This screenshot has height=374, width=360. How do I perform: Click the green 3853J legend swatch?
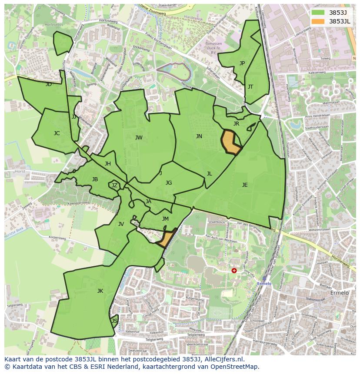tap(318, 13)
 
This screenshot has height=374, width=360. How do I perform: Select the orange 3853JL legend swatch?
tap(318, 21)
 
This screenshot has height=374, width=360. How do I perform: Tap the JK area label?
tap(100, 291)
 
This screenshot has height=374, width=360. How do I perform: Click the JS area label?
tap(114, 321)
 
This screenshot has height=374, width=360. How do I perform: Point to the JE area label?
tap(245, 185)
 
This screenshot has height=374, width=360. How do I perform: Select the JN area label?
tap(199, 136)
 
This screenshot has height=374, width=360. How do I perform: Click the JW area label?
tap(139, 138)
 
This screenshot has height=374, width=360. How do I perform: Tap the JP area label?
tap(242, 63)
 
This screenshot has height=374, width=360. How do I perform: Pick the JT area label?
tap(250, 87)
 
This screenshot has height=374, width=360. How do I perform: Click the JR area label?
tap(236, 124)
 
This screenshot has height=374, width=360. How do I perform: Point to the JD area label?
tap(48, 84)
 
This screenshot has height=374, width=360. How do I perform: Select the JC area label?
tap(57, 133)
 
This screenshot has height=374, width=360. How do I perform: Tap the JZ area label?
tap(114, 185)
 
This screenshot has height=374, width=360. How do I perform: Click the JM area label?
tap(165, 219)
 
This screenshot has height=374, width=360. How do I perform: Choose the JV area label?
tap(121, 224)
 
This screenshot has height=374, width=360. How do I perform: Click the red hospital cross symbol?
tap(234, 270)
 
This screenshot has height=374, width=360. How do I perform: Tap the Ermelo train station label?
tap(264, 284)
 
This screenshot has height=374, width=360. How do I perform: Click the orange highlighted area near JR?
tap(230, 142)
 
